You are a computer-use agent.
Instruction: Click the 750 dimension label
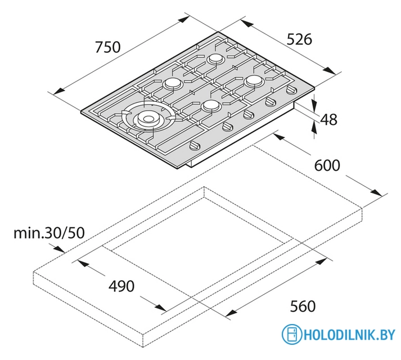(x=107, y=47)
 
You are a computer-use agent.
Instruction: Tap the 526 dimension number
(x=299, y=39)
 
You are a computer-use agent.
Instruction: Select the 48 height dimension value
(x=328, y=119)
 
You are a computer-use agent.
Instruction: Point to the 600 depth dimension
(x=327, y=165)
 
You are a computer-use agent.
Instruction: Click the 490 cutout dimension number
(x=121, y=286)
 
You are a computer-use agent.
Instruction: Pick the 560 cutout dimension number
(x=303, y=306)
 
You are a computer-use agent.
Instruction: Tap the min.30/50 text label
(x=49, y=233)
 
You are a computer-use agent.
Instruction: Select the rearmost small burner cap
(x=216, y=59)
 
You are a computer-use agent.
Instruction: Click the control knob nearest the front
(x=195, y=146)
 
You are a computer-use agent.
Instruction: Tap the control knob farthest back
(x=291, y=89)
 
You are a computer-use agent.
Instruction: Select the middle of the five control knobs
(x=247, y=114)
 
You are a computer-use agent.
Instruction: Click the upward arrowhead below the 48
(x=314, y=127)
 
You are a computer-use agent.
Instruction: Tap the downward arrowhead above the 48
(x=314, y=100)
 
